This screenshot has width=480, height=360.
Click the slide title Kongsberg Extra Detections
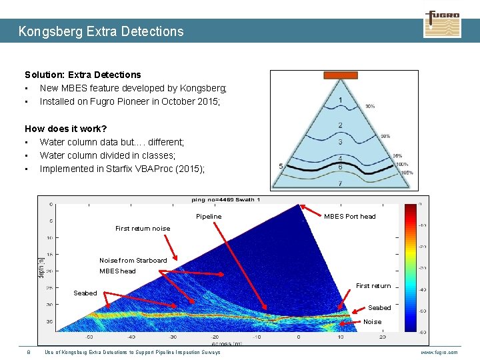[x=101, y=31]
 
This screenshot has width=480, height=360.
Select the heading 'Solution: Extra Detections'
[x=83, y=75]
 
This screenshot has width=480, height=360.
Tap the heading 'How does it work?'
[x=65, y=129]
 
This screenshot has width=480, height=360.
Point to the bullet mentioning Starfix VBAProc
[x=122, y=169]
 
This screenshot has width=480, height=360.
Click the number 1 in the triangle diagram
[x=341, y=101]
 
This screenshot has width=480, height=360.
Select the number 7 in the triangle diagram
[x=340, y=183]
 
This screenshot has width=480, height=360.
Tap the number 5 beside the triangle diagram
[x=281, y=166]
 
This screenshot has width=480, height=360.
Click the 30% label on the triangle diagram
[x=369, y=106]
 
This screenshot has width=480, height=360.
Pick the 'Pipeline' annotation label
[x=209, y=217]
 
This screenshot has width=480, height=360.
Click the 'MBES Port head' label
[x=349, y=217]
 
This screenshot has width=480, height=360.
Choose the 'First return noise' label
[x=143, y=229]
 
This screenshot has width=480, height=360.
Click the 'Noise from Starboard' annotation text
[x=133, y=261]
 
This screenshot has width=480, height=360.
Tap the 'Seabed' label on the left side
[x=85, y=293]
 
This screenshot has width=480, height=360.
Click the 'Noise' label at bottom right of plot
[x=372, y=322]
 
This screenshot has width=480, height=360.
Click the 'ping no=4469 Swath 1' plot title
[x=226, y=199]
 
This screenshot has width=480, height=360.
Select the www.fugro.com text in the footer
[x=439, y=352]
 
